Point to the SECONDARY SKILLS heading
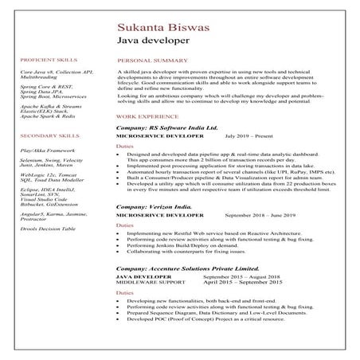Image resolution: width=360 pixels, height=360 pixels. [x=48, y=136]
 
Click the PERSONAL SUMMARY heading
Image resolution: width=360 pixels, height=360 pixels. [x=147, y=60]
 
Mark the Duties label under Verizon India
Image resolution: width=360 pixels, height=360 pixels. [x=125, y=225]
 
